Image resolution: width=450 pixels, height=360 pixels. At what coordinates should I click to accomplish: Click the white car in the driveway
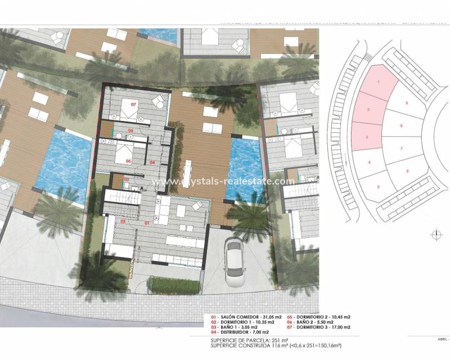point(235,261)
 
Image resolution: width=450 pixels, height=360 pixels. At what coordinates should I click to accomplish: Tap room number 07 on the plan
point(134,105)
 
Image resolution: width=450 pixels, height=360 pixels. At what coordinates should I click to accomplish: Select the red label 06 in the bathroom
point(130,130)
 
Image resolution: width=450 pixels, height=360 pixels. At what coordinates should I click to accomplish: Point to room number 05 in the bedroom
point(128,161)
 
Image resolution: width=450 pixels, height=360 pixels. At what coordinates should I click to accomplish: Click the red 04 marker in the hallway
point(153,163)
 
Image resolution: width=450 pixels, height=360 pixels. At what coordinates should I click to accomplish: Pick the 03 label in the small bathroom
point(127,179)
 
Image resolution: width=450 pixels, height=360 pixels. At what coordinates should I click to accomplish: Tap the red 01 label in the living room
point(147,223)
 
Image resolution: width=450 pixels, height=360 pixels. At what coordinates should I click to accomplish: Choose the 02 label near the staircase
point(123,222)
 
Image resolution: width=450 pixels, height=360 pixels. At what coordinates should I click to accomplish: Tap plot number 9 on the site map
point(406,103)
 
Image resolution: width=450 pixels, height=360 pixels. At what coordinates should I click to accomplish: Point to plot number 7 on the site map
point(401,148)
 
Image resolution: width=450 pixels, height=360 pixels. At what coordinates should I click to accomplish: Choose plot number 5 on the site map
point(379,187)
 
